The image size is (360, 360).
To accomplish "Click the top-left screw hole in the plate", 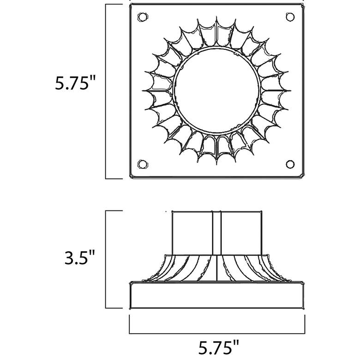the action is coord(142,17).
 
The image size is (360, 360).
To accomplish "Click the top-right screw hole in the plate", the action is coord(290,17).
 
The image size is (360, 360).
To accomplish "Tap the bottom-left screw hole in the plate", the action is coord(142,164).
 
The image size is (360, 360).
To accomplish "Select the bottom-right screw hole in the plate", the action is coord(290,164).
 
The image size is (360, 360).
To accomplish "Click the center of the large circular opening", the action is coord(217,90).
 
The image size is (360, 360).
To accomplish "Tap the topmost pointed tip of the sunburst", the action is coord(216,17).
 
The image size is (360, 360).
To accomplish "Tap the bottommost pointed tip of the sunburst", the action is coord(216,165).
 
